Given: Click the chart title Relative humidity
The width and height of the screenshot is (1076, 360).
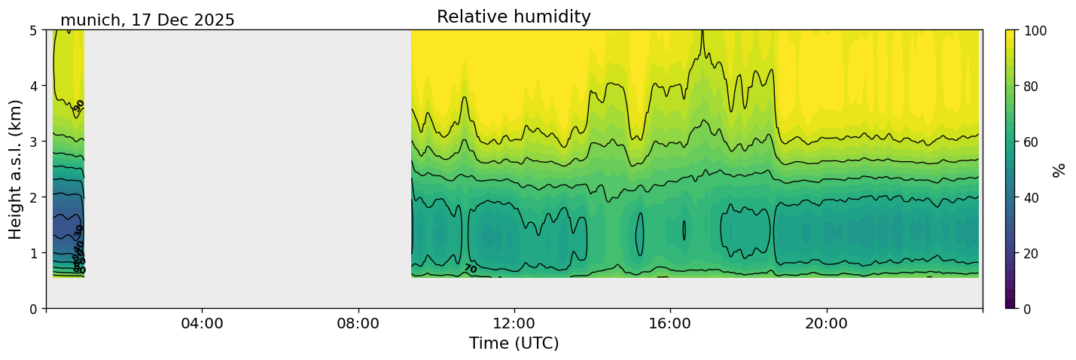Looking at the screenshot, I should coord(514,17).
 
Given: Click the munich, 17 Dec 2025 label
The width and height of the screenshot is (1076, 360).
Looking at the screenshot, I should coord(148,20).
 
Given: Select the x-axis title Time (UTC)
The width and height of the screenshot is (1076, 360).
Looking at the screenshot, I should coord(514,343).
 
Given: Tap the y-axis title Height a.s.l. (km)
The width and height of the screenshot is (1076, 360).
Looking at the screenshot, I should coord(16,169).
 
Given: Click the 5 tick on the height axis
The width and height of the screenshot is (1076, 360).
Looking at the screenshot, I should coord(35,30).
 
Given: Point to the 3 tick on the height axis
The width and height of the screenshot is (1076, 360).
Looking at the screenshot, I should coord(35,142).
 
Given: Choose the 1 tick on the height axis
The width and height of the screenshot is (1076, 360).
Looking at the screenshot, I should coord(35,253).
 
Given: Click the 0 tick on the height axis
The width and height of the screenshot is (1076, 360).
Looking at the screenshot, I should coord(35,309).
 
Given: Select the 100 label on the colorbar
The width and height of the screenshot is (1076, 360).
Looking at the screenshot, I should coord(1037,31).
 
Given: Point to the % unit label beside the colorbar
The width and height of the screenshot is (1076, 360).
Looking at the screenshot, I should coord(1059,169).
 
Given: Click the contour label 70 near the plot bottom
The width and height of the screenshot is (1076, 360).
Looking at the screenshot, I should coord(470,269).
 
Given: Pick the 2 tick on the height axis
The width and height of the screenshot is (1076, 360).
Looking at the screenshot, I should coord(35,197).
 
